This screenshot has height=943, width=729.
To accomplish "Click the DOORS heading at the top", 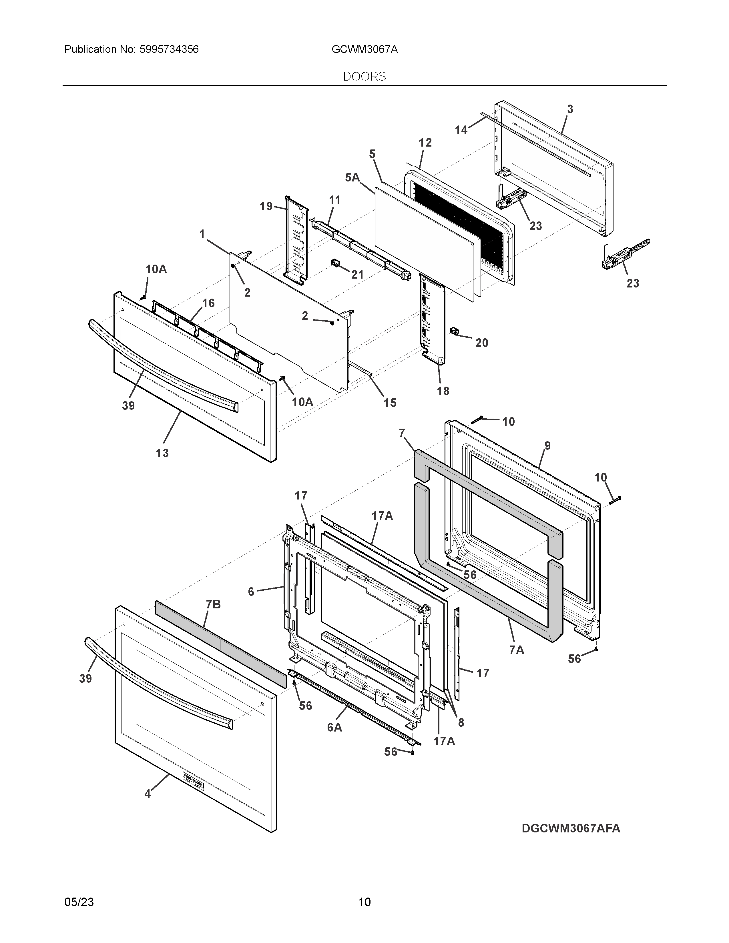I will click(x=364, y=76).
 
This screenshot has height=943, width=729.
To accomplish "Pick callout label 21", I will click(x=357, y=275).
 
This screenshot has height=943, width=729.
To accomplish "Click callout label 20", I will click(x=481, y=343).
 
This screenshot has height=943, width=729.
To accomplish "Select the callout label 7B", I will click(x=213, y=604).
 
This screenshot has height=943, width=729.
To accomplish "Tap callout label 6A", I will click(x=334, y=728).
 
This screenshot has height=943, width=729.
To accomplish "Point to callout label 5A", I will click(x=352, y=177).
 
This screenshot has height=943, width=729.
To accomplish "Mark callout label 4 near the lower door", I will click(x=147, y=794).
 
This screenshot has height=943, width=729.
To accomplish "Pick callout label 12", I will click(x=425, y=143).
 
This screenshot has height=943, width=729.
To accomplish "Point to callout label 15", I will click(x=390, y=403).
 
